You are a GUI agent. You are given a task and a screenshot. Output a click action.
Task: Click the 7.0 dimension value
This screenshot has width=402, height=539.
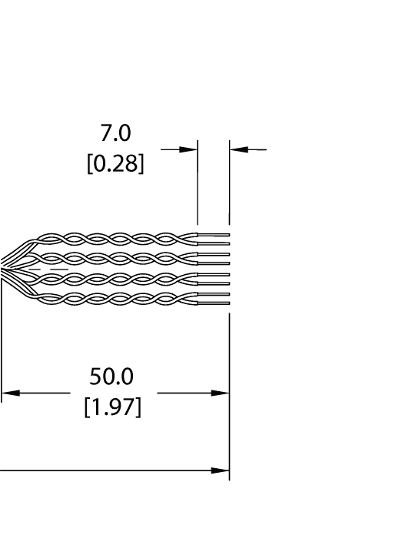point(115,133)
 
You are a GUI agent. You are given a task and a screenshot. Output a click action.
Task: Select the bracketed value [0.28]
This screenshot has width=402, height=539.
point(115,165)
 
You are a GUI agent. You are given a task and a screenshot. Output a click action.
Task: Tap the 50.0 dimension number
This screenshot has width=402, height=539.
point(111,377)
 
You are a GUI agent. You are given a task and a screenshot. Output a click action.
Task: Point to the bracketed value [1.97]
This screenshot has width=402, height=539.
point(112,407)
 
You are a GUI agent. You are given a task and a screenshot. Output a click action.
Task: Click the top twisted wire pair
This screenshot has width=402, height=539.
point(115,238)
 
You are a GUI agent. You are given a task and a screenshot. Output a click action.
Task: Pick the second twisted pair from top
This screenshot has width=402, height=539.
point(115,258)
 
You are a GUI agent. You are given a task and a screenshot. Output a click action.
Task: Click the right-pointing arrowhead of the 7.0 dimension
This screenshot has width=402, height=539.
point(189,149)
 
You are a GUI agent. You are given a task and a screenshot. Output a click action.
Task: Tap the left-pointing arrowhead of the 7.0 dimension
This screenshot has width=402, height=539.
point(238,149)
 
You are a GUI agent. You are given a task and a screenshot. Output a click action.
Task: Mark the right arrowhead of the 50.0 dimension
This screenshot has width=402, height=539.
point(221,393)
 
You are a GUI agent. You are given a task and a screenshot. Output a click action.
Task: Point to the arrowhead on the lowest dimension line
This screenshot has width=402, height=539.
point(221,470)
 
